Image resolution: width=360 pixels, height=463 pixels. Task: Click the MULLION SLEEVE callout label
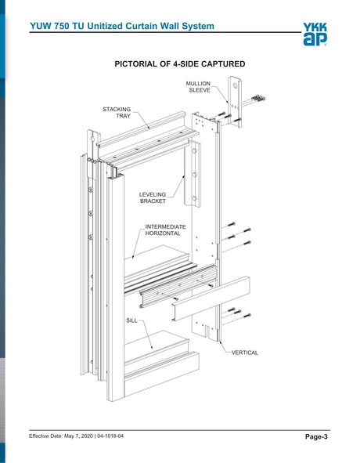pos(198,87)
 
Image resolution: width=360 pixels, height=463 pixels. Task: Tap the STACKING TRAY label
pos(117,112)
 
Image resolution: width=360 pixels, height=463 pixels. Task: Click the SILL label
pos(132,321)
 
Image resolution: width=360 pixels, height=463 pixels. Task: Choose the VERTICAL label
pos(244,353)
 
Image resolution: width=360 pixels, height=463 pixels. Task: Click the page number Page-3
pos(316,436)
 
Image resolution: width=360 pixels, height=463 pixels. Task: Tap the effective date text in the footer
pos(62,436)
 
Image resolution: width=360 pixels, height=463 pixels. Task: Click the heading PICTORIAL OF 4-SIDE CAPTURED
pos(180,63)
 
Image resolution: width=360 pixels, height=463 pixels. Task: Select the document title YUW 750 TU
pos(64,27)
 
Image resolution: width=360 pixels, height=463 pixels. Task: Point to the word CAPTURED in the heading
pos(220,63)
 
